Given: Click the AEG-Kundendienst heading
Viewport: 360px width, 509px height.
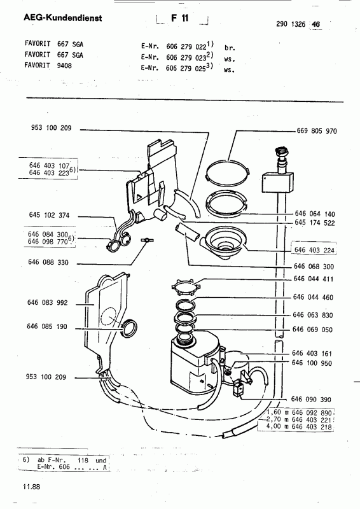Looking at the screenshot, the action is pyautogui.click(x=63, y=18).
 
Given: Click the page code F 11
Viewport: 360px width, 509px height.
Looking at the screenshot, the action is pyautogui.click(x=180, y=18).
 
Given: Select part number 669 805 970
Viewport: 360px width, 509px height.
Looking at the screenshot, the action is pyautogui.click(x=317, y=131).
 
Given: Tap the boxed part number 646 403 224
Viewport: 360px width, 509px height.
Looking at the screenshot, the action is pyautogui.click(x=314, y=249).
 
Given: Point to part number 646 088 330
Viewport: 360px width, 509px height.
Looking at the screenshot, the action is pyautogui.click(x=48, y=262).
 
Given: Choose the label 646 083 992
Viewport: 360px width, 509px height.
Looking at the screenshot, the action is pyautogui.click(x=48, y=303).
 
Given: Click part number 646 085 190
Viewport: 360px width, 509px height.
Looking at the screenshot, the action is pyautogui.click(x=46, y=326).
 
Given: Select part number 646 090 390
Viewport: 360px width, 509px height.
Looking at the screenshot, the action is pyautogui.click(x=311, y=400).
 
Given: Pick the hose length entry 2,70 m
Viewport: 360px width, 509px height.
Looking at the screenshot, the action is pyautogui.click(x=273, y=419).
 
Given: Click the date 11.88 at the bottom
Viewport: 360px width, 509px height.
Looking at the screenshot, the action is pyautogui.click(x=32, y=487).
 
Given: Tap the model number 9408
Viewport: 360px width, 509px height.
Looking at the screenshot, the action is pyautogui.click(x=64, y=66).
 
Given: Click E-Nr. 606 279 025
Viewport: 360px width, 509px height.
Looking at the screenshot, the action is pyautogui.click(x=174, y=68).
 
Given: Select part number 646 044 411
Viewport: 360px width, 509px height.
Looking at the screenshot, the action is pyautogui.click(x=314, y=279).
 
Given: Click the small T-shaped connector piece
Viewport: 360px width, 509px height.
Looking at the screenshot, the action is pyautogui.click(x=147, y=241).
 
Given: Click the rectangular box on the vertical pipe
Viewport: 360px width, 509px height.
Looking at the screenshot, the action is pyautogui.click(x=277, y=183).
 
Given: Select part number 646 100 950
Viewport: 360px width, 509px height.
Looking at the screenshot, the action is pyautogui.click(x=312, y=363).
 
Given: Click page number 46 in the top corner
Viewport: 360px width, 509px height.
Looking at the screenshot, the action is pyautogui.click(x=315, y=24).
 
